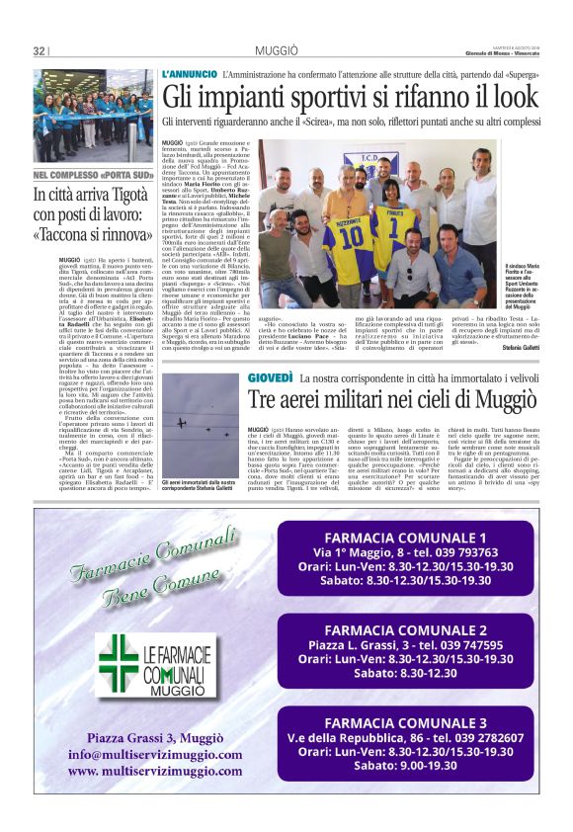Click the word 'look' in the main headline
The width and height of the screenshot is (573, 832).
tap(513, 98)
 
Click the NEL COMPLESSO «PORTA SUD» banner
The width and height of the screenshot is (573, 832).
tap(93, 176)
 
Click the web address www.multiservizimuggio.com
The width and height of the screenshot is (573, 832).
tap(154, 771)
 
